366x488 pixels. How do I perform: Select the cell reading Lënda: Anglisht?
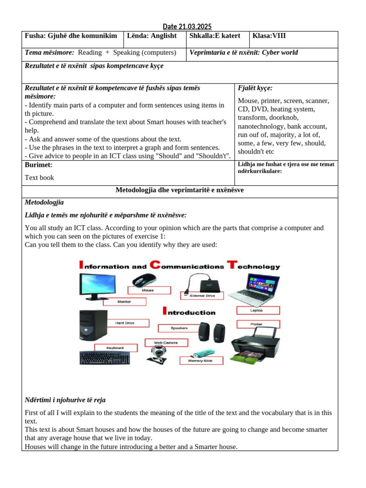[x=152, y=36]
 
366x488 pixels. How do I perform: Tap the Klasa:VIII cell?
[x=269, y=36]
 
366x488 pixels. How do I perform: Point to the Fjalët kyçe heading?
[x=255, y=88]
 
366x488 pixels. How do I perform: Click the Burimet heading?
[x=39, y=165]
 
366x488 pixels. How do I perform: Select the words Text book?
[x=40, y=178]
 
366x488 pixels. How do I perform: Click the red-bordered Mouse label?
[x=148, y=290]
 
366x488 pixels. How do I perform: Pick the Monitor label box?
[x=124, y=302]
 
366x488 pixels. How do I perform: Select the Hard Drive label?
[x=124, y=323]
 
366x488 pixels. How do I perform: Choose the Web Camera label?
[x=165, y=342]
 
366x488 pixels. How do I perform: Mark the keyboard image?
[x=105, y=357]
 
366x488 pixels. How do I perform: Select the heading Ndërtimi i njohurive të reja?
[x=68, y=400]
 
